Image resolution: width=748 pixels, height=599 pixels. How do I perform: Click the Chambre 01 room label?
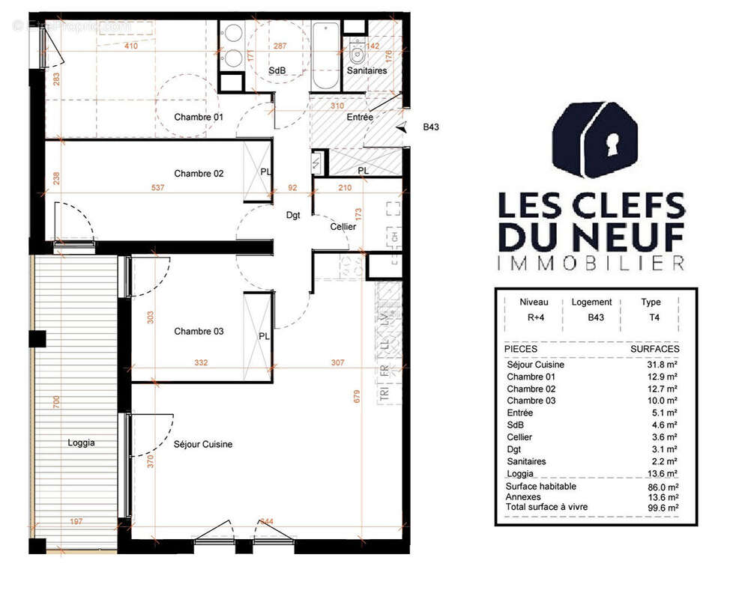(199, 118)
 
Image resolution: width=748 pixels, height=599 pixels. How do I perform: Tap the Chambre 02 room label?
(199, 174)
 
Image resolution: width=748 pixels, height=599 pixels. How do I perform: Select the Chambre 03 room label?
(199, 331)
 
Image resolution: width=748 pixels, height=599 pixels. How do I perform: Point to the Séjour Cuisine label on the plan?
(202, 444)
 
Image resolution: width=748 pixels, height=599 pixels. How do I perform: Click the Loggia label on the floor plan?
(81, 443)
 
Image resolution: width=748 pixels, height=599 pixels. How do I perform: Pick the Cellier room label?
(343, 226)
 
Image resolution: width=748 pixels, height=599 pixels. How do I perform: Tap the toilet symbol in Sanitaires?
(357, 52)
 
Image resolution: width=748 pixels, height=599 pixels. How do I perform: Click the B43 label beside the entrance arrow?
(431, 127)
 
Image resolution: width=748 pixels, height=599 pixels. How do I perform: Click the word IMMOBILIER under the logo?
(591, 263)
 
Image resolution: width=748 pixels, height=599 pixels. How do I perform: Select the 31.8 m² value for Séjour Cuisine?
(662, 365)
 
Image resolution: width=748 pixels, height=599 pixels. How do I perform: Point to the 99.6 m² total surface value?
(662, 508)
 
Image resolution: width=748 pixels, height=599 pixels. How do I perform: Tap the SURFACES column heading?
(655, 349)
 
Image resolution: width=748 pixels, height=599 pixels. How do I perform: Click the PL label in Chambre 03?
(264, 336)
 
